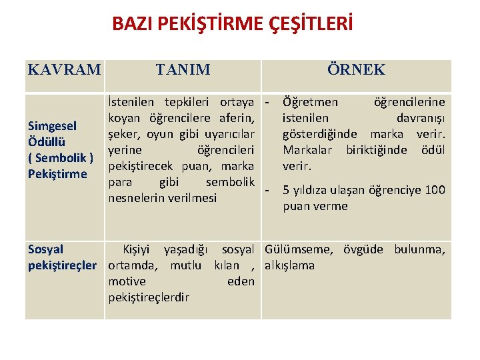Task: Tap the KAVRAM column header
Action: click(65, 69)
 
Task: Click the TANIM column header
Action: click(183, 69)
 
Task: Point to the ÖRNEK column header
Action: click(356, 69)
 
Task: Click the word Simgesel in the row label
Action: click(52, 126)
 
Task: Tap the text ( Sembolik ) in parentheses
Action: click(61, 158)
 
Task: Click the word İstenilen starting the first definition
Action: click(130, 102)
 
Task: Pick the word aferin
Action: click(235, 118)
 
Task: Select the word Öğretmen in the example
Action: click(310, 102)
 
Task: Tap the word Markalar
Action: click(310, 150)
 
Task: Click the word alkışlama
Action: click(291, 265)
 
